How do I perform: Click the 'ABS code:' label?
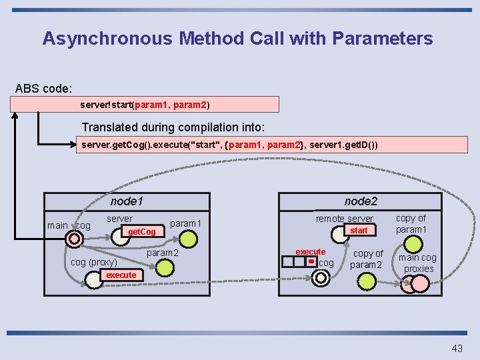click(x=44, y=88)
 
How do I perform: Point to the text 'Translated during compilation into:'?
click(x=173, y=127)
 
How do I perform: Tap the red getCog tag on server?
click(x=141, y=231)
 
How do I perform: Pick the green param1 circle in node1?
click(x=190, y=239)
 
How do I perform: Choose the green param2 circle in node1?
click(x=164, y=269)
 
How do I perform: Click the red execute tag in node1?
click(x=121, y=275)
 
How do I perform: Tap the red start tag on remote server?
click(x=359, y=230)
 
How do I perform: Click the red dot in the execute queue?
click(x=311, y=262)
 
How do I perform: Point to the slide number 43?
click(x=457, y=348)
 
